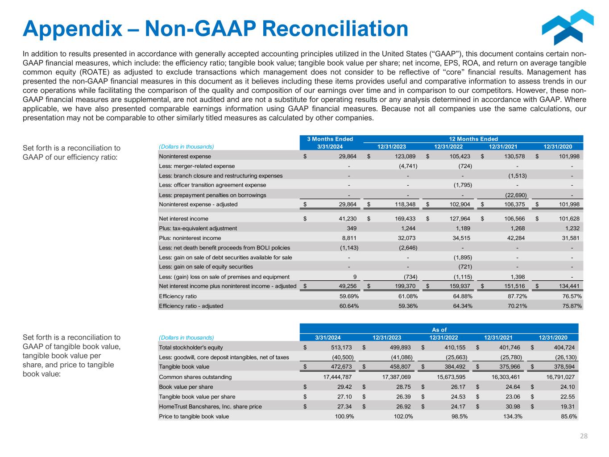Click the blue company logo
567,27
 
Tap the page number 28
584,436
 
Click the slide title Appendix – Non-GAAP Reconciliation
215,29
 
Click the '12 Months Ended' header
473,139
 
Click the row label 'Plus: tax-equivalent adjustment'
198,228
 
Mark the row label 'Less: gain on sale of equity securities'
206,267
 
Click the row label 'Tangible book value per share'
197,397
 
